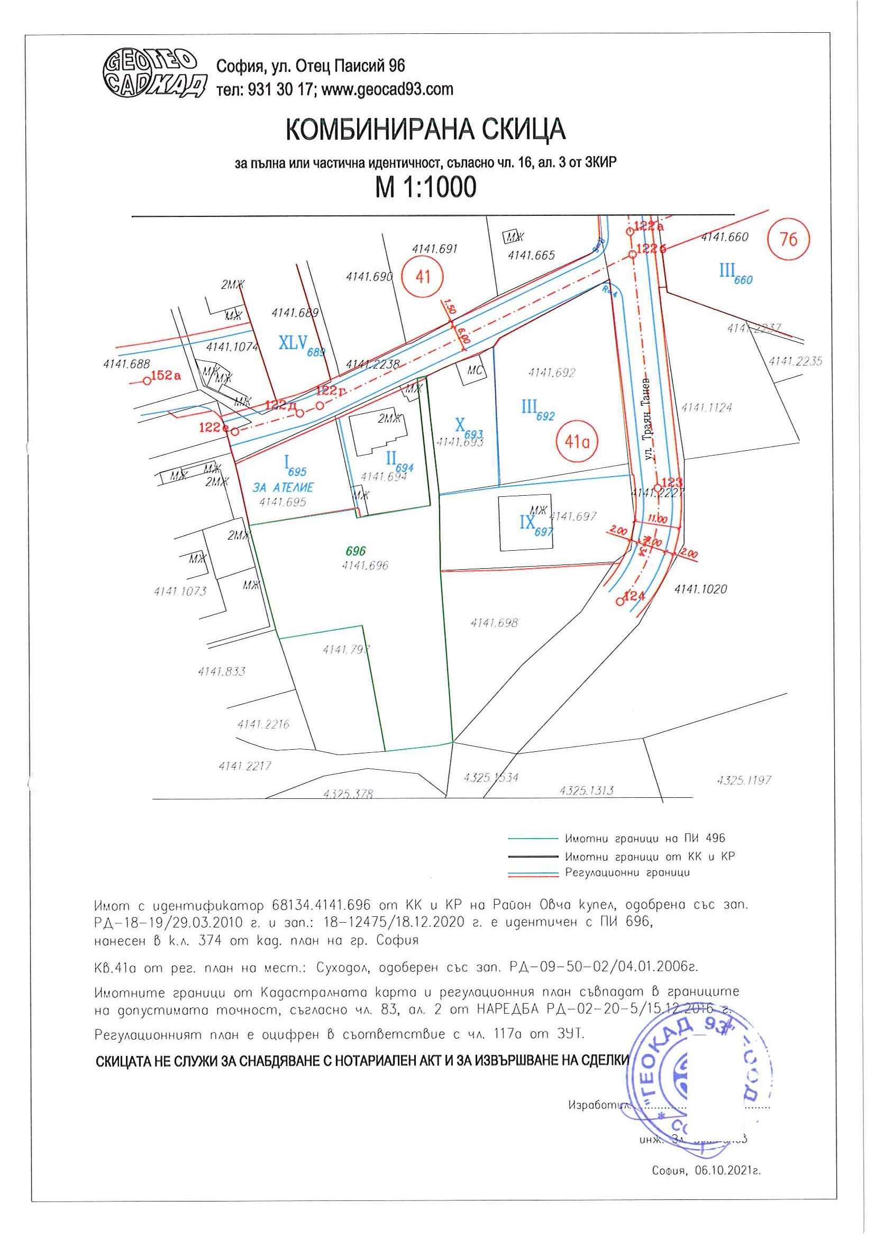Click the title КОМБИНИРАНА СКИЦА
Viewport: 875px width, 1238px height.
pos(425,130)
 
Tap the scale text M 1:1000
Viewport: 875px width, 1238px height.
pos(425,187)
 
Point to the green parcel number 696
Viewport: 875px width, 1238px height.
pos(356,551)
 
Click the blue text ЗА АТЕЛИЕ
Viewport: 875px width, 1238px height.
pos(283,487)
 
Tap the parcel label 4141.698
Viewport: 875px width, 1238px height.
pos(494,623)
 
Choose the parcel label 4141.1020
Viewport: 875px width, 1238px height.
pos(700,589)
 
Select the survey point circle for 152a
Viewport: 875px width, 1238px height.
pos(147,381)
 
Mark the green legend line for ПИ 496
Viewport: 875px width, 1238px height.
pos(532,839)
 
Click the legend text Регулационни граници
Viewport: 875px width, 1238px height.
pos(627,872)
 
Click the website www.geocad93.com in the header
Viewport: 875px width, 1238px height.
pos(387,89)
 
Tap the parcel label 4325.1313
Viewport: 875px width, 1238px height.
pos(586,790)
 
